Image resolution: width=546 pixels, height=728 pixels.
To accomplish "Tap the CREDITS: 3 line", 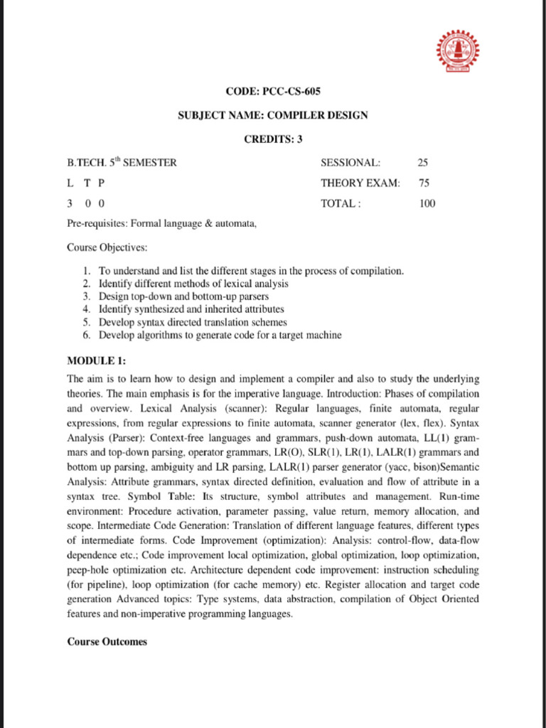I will click(273, 139).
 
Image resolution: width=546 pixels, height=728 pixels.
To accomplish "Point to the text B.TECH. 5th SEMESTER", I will click(122, 163).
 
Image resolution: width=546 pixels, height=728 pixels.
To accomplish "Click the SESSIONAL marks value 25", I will click(424, 163).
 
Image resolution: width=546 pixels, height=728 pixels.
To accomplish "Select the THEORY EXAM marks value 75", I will click(424, 183).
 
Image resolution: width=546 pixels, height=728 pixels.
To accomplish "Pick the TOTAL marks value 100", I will click(427, 204).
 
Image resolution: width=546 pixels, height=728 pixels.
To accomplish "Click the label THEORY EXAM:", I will click(360, 183).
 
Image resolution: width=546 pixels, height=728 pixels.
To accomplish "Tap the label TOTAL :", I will click(341, 204).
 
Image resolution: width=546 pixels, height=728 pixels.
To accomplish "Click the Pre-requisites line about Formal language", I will click(161, 224).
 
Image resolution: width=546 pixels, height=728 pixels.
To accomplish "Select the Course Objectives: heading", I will click(107, 248).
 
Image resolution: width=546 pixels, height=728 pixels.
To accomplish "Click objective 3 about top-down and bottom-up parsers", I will click(183, 296).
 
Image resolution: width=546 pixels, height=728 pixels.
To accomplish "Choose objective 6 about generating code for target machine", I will click(220, 335).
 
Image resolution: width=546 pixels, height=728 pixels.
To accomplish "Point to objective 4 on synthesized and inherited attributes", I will click(191, 309).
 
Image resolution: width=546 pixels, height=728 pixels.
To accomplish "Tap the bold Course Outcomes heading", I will click(107, 641).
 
